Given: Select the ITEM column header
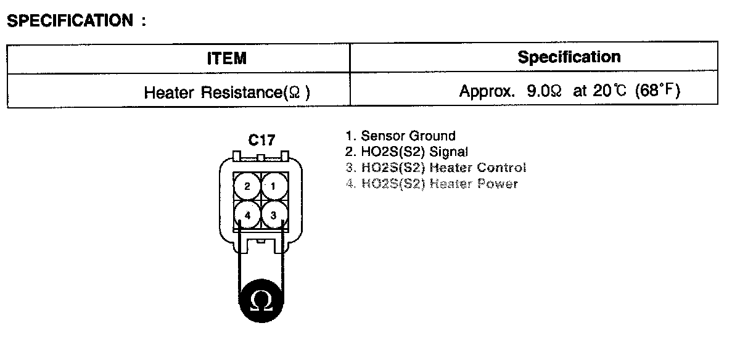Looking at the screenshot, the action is click(226, 59).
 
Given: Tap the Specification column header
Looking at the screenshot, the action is click(569, 57).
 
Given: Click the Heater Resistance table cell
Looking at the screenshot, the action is click(227, 92).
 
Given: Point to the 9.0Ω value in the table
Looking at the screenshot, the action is click(544, 92).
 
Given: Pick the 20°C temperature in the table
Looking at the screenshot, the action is click(608, 92).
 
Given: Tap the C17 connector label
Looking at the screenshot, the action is click(261, 141).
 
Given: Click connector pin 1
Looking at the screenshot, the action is click(274, 186).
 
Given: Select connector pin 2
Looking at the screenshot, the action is click(247, 186).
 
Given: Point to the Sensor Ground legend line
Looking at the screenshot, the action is click(400, 136).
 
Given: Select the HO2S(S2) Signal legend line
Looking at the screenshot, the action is click(406, 152).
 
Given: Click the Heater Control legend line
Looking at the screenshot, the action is click(435, 168).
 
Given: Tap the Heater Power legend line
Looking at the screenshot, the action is click(432, 184).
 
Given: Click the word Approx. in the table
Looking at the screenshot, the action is click(487, 92).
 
